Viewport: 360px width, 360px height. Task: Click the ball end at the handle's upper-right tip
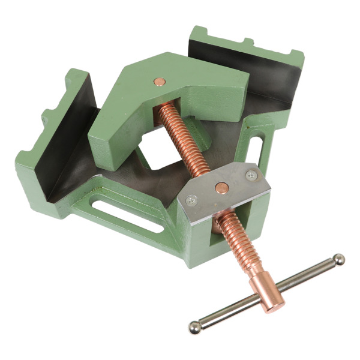coord(339,259)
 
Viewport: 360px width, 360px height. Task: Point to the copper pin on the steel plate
coord(221,188)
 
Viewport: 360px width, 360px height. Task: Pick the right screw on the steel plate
coord(250,175)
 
